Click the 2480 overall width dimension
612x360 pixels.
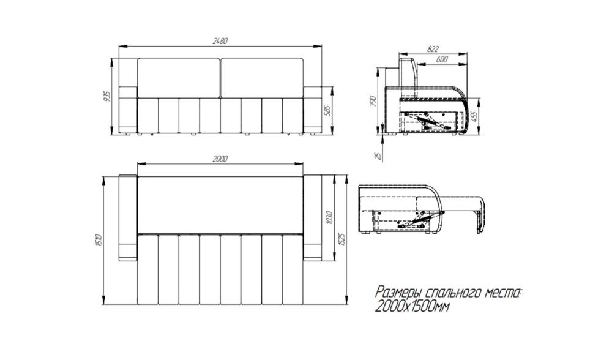click(x=220, y=40)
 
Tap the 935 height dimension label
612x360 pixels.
click(x=107, y=96)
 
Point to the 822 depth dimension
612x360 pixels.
click(x=433, y=49)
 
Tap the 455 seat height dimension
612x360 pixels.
click(x=475, y=116)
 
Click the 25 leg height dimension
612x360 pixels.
click(x=378, y=156)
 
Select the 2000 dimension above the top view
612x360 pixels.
click(x=220, y=159)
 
